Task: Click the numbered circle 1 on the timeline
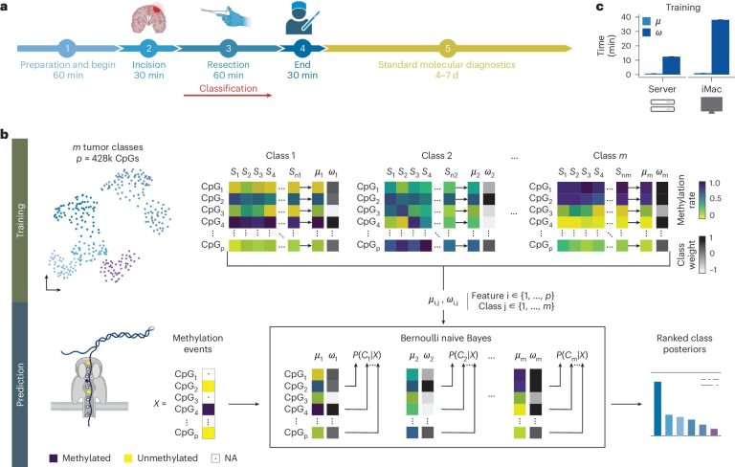(x=68, y=48)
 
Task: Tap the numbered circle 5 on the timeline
(x=448, y=48)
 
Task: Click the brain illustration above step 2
(x=148, y=19)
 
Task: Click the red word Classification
(x=229, y=88)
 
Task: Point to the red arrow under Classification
(x=228, y=95)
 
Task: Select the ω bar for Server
(x=671, y=66)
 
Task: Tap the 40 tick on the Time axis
(x=626, y=17)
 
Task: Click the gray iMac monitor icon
(x=711, y=105)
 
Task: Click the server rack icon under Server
(x=662, y=105)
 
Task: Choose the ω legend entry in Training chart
(x=653, y=33)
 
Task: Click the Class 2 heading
(x=436, y=156)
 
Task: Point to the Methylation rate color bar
(x=702, y=200)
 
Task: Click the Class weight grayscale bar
(x=702, y=255)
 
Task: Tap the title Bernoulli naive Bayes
(x=445, y=338)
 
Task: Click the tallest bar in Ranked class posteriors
(x=657, y=409)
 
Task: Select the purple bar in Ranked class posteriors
(x=714, y=432)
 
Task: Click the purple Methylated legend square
(x=54, y=458)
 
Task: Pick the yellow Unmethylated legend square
(x=128, y=458)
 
